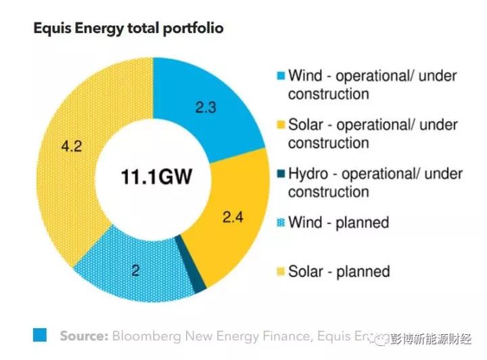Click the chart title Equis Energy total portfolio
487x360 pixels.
[128, 28]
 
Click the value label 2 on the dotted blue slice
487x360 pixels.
[135, 271]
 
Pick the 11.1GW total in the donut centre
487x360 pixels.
[156, 178]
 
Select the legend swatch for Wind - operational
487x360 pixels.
[280, 76]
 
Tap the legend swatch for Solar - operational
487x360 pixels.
[280, 125]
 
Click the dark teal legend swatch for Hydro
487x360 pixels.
[280, 174]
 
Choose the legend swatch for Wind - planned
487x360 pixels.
[280, 223]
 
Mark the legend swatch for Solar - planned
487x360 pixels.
[280, 271]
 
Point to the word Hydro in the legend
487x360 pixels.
[308, 174]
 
